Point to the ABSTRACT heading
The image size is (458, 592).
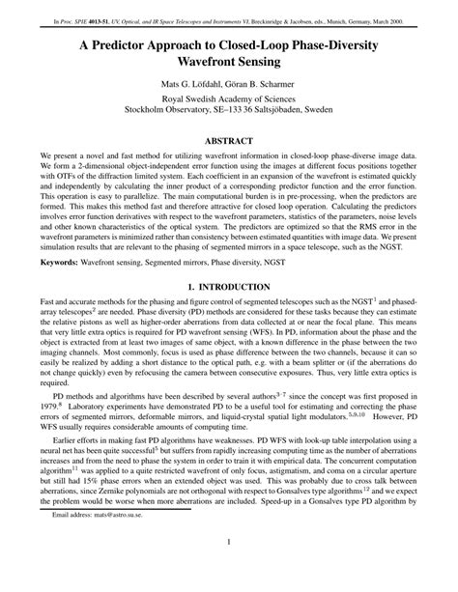(229, 138)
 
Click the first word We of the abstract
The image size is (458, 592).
(45, 155)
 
